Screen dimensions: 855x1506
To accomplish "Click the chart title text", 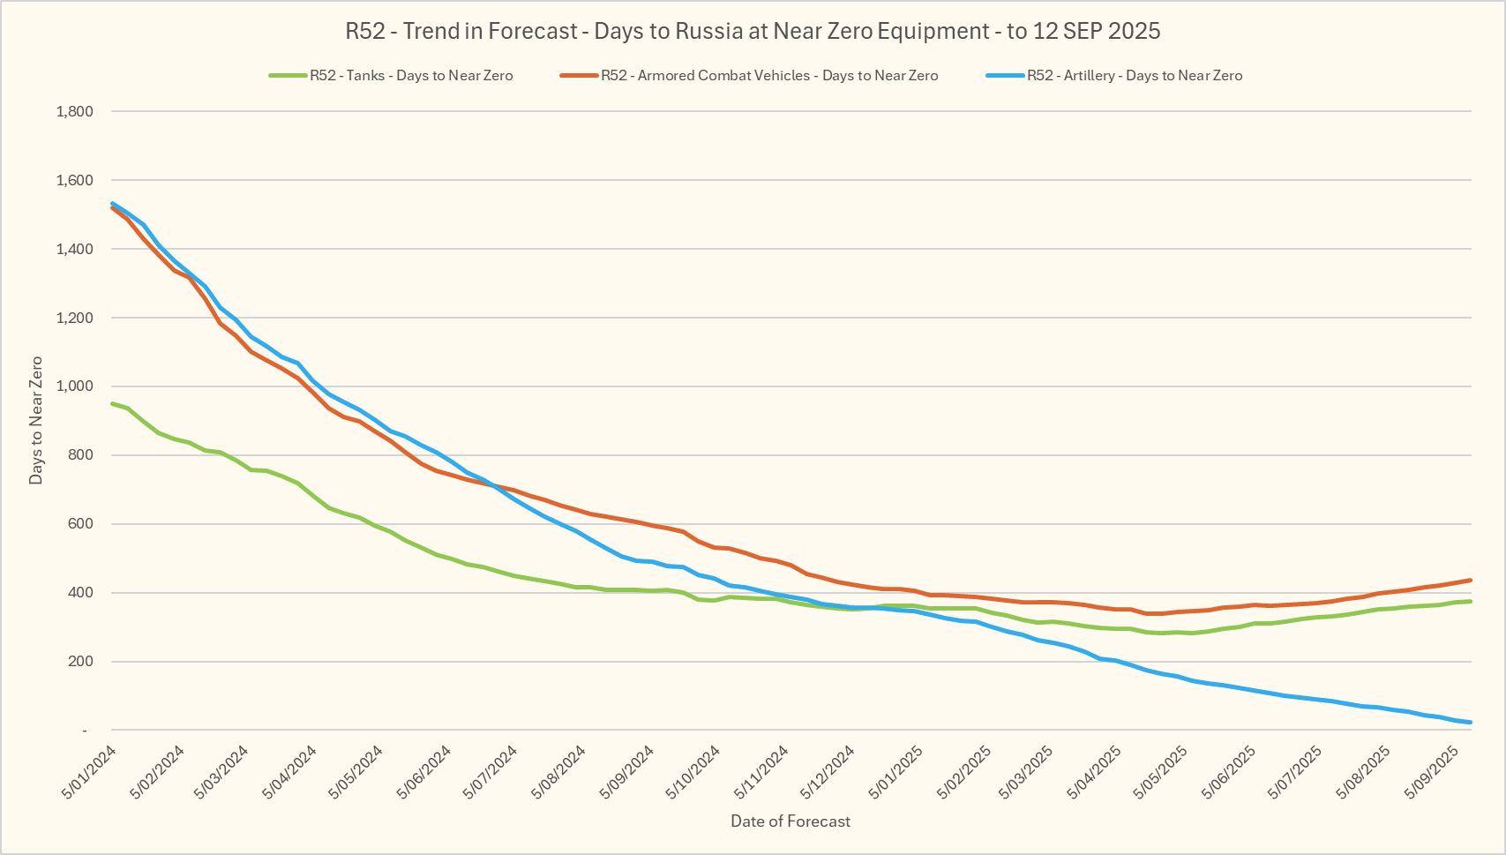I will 753,32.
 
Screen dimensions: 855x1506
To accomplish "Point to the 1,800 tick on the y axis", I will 74,112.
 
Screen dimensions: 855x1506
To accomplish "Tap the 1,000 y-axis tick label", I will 74,386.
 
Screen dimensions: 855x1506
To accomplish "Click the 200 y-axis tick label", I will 80,662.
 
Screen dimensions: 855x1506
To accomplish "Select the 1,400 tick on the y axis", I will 74,250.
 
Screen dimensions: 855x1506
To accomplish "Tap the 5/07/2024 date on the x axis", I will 491,773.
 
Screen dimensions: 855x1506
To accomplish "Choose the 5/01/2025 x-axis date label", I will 896,773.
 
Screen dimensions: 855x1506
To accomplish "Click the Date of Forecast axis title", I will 790,821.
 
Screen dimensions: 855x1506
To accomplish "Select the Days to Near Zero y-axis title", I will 36,421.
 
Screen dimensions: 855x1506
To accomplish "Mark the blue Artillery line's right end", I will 1471,723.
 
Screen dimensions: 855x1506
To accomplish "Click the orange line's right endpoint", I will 1471,580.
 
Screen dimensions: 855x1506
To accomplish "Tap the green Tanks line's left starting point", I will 112,403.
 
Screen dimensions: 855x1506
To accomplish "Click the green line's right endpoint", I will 1471,601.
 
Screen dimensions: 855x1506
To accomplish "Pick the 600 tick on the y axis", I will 80,524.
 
